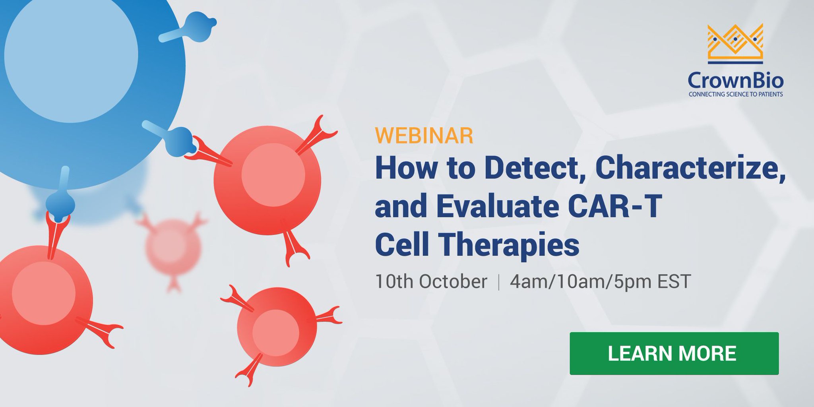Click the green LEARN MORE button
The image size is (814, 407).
tap(674, 353)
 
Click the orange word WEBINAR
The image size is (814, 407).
tap(424, 136)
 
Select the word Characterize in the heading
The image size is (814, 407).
tap(690, 168)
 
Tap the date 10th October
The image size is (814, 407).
tap(431, 281)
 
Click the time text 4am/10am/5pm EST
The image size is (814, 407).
tap(600, 281)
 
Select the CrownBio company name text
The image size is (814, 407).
tap(735, 81)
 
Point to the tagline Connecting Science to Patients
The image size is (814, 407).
tap(735, 95)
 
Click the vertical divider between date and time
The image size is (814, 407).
tap(498, 282)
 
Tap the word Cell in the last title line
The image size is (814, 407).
tap(401, 245)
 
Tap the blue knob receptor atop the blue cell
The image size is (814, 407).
tap(199, 26)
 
